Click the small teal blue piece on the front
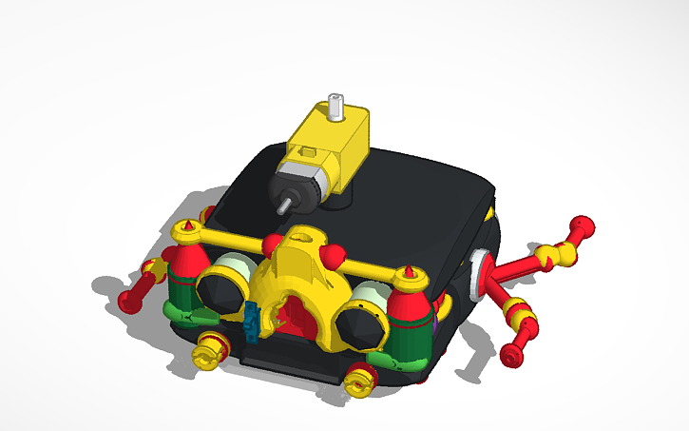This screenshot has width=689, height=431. [x=252, y=319]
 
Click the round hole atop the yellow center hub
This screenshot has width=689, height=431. [x=303, y=254]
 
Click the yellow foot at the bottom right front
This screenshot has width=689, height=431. [x=361, y=380]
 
